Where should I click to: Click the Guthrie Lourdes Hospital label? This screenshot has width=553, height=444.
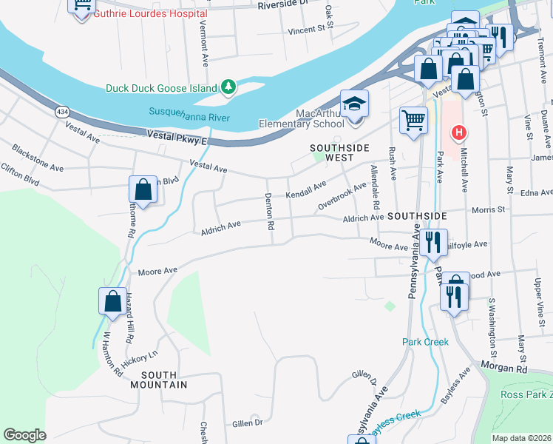[x=150, y=13]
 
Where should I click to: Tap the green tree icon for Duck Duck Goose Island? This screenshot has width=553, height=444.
[x=230, y=87]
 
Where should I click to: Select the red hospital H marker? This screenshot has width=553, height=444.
[x=458, y=133]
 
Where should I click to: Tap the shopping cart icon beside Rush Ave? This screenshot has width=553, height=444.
[x=413, y=119]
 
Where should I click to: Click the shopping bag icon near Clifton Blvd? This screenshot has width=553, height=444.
[x=143, y=189]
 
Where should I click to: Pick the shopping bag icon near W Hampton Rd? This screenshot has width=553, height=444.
[x=112, y=301]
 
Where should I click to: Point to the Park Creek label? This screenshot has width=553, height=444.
[x=425, y=342]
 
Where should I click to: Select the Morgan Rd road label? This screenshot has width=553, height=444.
[x=503, y=367]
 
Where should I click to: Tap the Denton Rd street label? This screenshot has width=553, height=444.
[x=270, y=211]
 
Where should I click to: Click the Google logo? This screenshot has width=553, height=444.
[x=24, y=435]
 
